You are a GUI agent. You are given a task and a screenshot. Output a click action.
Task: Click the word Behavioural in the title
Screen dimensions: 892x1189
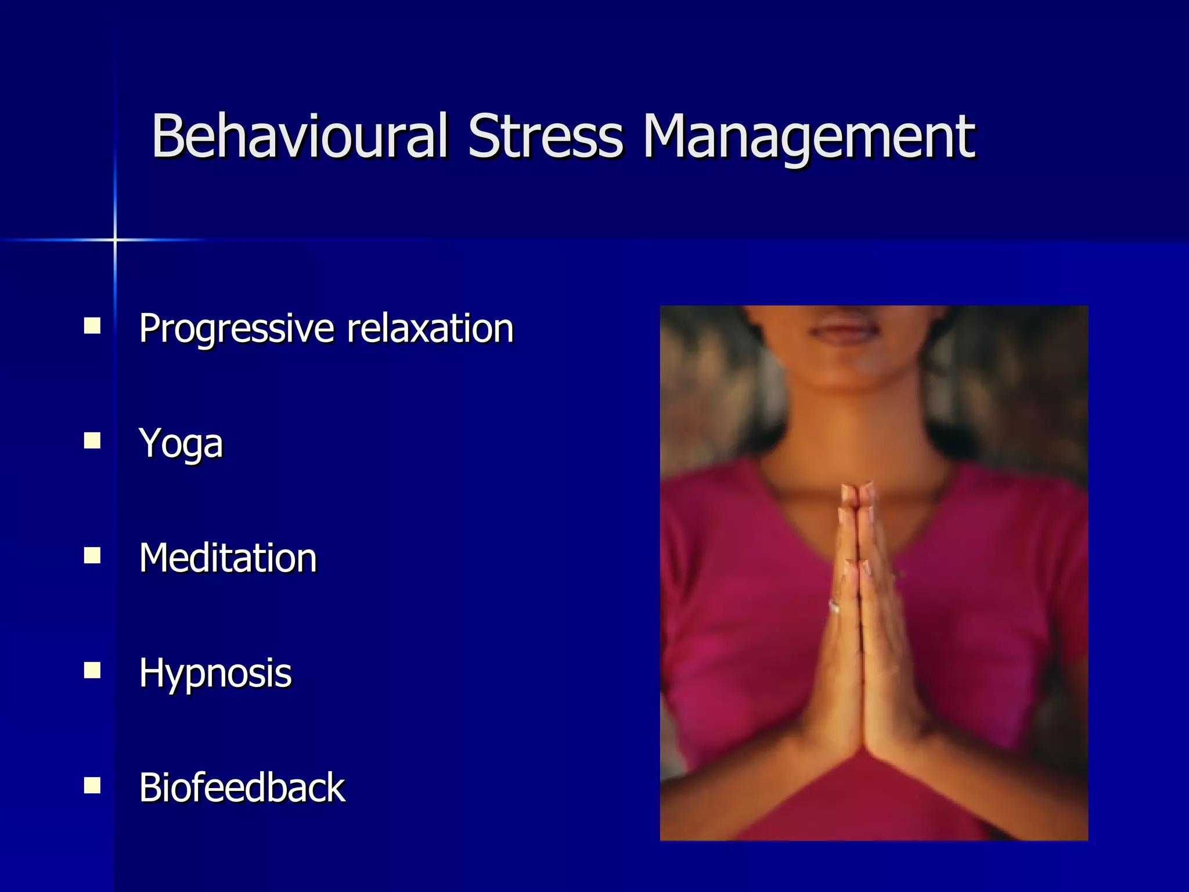299,136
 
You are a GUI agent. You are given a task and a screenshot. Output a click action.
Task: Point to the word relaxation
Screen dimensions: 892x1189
430,329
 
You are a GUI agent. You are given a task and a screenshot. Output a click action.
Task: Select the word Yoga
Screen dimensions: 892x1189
181,444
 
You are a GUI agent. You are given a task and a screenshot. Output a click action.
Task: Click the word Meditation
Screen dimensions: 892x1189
228,558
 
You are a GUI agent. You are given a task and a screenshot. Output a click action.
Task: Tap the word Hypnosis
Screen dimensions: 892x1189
215,674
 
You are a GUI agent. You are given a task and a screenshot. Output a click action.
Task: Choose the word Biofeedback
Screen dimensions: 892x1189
242,788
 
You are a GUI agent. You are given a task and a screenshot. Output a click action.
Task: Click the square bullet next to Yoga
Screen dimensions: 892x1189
92,441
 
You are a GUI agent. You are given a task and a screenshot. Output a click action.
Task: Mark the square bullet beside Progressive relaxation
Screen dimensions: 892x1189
92,326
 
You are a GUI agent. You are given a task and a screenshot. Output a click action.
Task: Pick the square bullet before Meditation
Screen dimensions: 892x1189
92,556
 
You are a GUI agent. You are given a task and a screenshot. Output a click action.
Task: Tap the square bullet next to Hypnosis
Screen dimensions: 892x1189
92,671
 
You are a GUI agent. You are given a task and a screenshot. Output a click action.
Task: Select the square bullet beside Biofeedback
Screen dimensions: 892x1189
92,786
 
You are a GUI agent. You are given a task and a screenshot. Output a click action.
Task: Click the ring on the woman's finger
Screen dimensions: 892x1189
834,606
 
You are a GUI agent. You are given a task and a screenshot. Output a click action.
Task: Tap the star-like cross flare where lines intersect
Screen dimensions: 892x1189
115,239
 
